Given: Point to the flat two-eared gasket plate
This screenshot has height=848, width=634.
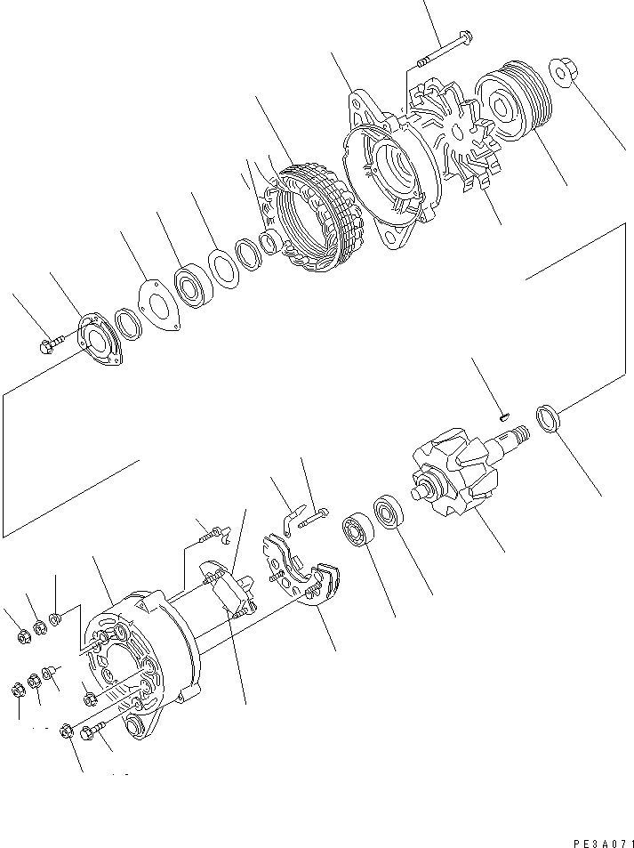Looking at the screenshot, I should [x=160, y=307].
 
